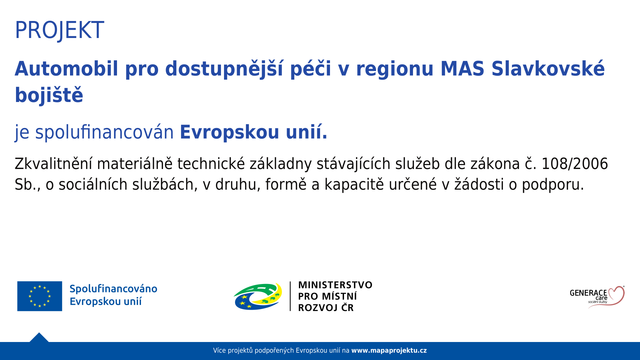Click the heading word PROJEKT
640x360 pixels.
[x=59, y=30]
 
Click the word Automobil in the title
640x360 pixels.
[x=66, y=69]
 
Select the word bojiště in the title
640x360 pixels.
[x=49, y=95]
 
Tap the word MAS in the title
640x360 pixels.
[x=462, y=69]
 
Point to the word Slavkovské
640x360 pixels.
[x=548, y=69]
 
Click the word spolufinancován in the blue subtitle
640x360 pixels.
[x=104, y=132]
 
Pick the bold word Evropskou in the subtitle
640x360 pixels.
[x=229, y=132]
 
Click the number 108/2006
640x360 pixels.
[x=575, y=164]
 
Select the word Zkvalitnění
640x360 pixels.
[x=53, y=164]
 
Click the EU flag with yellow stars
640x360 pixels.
[x=40, y=296]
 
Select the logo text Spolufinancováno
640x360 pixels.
[x=113, y=289]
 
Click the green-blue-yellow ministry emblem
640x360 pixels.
[x=258, y=296]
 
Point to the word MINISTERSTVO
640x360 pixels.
[x=335, y=285]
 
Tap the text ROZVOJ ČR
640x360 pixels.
[x=326, y=307]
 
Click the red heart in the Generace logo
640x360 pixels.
[x=613, y=295]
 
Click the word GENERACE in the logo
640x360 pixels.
[x=588, y=293]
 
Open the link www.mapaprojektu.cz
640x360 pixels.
[x=389, y=351]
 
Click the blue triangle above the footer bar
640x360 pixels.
[x=39, y=338]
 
